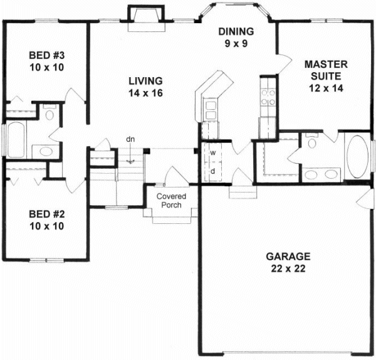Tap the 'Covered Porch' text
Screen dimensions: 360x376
pyautogui.click(x=171, y=201)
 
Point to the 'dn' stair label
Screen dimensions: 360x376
pyautogui.click(x=130, y=139)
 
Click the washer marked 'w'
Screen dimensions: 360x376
pyautogui.click(x=213, y=152)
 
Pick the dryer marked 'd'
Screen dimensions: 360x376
pyautogui.click(x=213, y=170)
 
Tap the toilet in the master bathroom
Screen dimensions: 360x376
pyautogui.click(x=311, y=142)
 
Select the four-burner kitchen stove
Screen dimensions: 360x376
pyautogui.click(x=268, y=97)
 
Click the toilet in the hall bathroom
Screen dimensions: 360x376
pyautogui.click(x=51, y=115)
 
